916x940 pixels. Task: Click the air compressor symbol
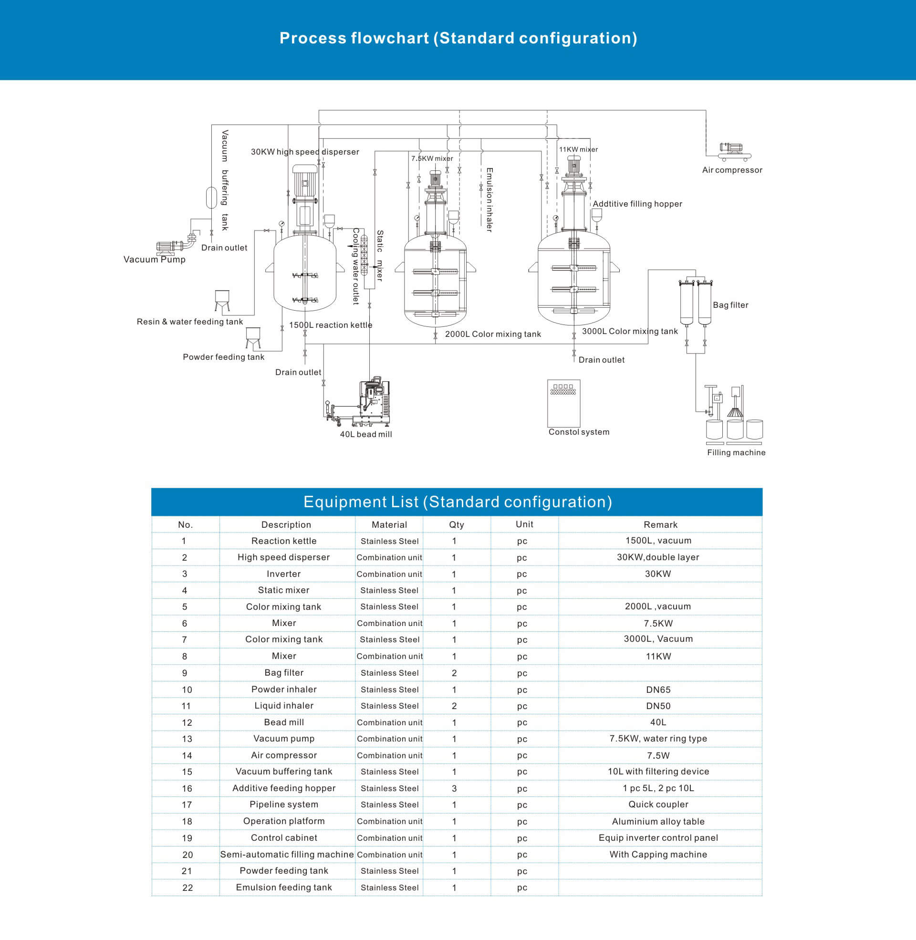coord(734,152)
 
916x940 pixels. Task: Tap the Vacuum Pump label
coord(155,260)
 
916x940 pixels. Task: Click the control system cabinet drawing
coord(564,403)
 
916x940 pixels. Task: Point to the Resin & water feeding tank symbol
coord(222,301)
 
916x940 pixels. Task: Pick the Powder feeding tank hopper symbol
coord(253,338)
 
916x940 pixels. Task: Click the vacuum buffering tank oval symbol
coord(211,198)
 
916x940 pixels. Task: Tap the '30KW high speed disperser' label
coord(305,152)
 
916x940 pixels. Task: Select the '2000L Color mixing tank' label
coord(493,334)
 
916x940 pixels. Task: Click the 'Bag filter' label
coord(731,305)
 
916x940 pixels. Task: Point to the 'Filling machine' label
coord(736,453)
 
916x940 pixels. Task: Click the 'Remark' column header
coord(661,525)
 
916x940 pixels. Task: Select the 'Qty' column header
coord(457,525)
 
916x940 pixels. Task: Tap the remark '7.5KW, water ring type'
coord(658,739)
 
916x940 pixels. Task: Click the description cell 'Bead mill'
coord(284,722)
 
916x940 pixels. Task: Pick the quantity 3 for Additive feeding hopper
coord(454,788)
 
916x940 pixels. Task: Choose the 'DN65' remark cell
coord(658,690)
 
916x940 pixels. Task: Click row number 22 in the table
coord(187,888)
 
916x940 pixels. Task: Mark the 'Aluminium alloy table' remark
coord(658,822)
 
